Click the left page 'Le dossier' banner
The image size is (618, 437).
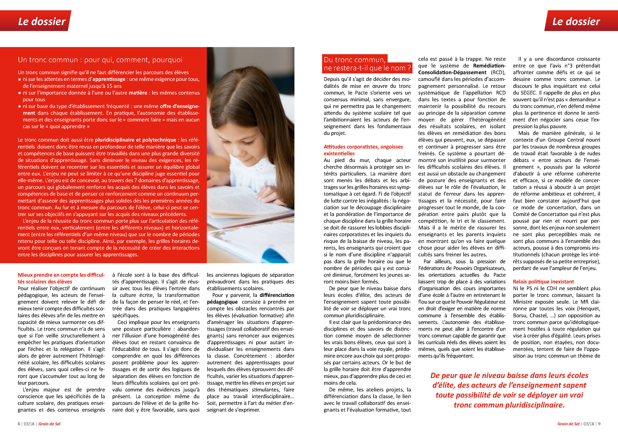[x=42, y=21]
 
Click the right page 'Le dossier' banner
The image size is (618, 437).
[x=576, y=21]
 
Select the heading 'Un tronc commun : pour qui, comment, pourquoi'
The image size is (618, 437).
[x=100, y=60]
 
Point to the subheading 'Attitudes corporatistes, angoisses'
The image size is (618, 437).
[x=363, y=147]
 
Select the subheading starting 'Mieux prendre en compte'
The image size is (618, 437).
[x=61, y=275]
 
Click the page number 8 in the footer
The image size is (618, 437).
[x=19, y=424]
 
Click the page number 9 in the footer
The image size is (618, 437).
[x=599, y=424]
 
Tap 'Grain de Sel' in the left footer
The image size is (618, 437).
[x=49, y=424]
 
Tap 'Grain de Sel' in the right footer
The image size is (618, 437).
[x=568, y=424]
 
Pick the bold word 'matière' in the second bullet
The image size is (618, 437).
[x=138, y=93]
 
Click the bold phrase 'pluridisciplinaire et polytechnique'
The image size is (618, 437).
[x=135, y=140]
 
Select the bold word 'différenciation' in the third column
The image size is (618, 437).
[x=277, y=295]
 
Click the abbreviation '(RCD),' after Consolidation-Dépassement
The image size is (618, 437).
[x=498, y=72]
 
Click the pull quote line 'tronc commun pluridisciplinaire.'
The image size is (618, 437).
[x=509, y=405]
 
